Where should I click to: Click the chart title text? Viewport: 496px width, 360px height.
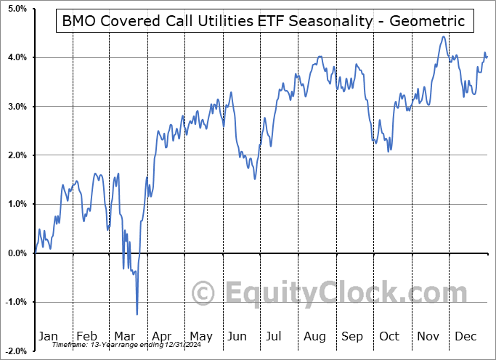coord(264,21)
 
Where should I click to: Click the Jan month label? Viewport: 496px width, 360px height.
coord(47,336)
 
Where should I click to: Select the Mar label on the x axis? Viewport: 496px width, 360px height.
coord(124,336)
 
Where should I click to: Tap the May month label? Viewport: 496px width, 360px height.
coord(200,336)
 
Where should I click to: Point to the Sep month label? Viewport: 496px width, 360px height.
coord(353,336)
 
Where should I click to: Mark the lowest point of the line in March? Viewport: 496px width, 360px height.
coord(137,314)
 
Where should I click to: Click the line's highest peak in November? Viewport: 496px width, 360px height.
coord(443,36)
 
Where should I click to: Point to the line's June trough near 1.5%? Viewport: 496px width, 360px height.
coord(255,179)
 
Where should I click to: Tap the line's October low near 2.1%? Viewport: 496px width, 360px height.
coord(389,151)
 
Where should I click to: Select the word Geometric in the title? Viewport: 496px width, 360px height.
coord(429,21)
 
